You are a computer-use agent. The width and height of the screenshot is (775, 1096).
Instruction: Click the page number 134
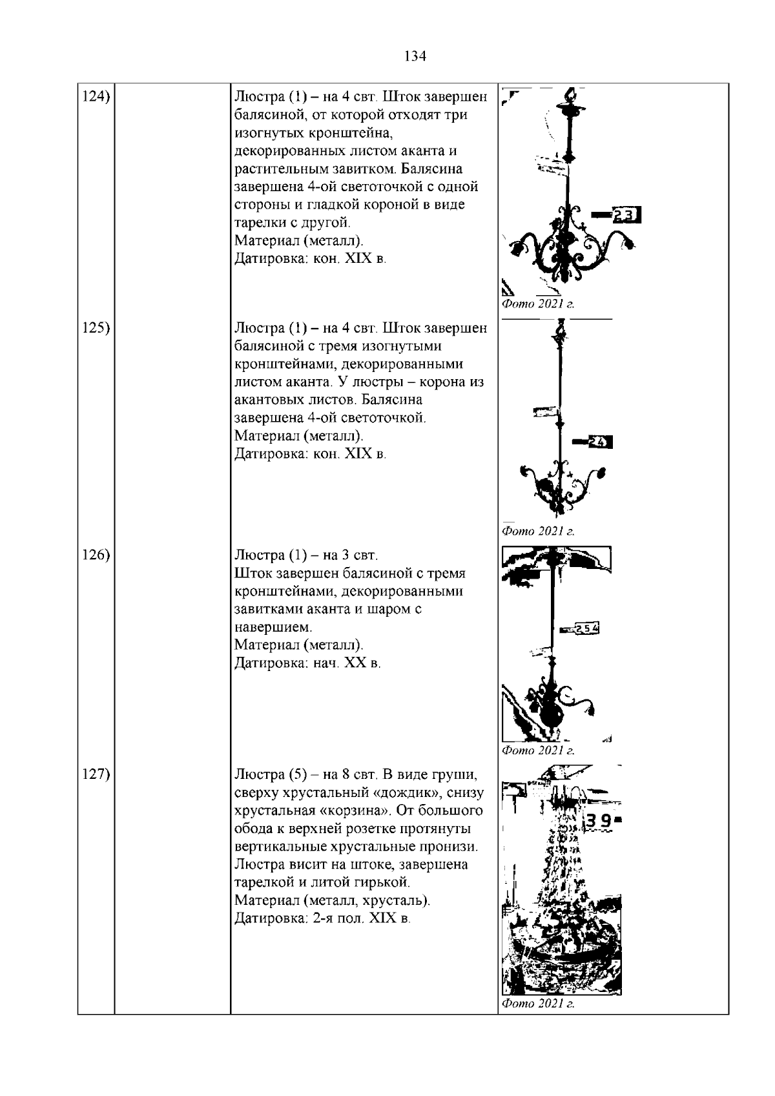(x=415, y=56)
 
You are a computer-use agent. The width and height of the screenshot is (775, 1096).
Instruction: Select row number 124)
(x=95, y=97)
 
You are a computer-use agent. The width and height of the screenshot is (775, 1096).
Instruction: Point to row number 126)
(x=95, y=555)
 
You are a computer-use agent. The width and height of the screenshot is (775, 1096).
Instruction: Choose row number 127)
(x=95, y=774)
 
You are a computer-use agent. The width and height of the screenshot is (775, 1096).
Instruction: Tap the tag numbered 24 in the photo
(x=599, y=442)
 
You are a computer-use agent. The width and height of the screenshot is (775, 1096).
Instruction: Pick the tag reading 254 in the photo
(x=586, y=628)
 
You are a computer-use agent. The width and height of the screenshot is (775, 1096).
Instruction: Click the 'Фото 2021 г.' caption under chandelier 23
(x=537, y=304)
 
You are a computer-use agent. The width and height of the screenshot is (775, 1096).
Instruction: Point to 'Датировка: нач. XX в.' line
(x=307, y=663)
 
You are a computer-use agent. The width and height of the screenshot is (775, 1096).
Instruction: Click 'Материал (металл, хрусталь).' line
(x=332, y=900)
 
